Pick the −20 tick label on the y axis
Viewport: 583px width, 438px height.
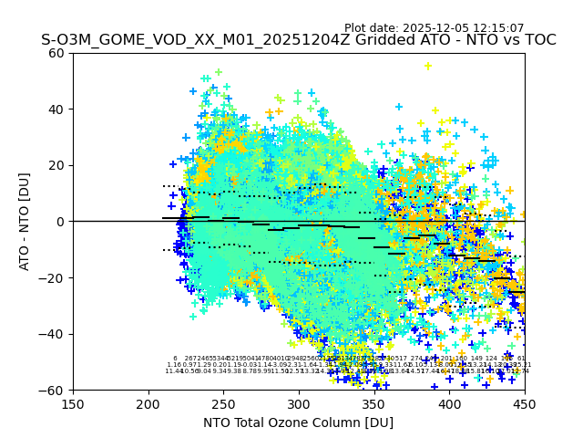54,277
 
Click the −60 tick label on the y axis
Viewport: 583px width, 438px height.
54,390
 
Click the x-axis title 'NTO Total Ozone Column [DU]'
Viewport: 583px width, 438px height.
299,422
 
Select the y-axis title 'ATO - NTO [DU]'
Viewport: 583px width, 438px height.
25,222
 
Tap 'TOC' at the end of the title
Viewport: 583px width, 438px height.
538,40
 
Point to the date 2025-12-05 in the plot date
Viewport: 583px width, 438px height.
440,28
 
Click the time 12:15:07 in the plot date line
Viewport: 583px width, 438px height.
500,28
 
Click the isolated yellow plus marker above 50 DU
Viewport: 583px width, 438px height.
428,66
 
